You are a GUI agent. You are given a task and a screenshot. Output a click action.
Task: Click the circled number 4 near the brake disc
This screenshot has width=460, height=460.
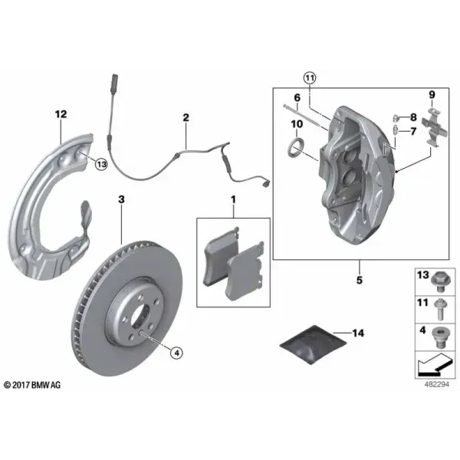coord(176,353)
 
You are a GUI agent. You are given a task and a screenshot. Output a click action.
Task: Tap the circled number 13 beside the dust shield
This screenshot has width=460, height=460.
coord(101,164)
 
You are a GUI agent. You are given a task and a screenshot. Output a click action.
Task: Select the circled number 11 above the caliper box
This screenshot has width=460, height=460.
coord(310,78)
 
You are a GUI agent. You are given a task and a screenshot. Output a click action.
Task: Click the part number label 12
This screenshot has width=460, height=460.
coord(61,114)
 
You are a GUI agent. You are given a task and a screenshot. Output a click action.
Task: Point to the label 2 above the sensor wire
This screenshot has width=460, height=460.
coord(186,117)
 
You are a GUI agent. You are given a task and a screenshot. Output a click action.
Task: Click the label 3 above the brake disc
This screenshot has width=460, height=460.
coord(121,199)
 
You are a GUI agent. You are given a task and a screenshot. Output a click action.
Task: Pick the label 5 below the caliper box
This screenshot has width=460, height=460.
coord(360,280)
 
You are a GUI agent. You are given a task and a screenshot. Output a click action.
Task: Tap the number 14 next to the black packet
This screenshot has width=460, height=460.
coord(358,333)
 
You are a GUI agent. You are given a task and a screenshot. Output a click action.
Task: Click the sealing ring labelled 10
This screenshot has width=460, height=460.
coord(296,148)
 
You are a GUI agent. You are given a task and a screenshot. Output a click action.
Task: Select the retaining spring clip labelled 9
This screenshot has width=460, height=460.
coord(435,127)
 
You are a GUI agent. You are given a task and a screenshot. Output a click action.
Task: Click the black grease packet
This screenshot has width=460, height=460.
coord(313,344)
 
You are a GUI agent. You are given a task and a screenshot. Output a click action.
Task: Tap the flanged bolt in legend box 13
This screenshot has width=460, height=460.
coord(439,281)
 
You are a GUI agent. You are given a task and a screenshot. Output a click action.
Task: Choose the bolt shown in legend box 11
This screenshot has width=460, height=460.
coord(439,309)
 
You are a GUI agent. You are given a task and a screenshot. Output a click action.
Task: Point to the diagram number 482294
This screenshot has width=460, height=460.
coord(436,384)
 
